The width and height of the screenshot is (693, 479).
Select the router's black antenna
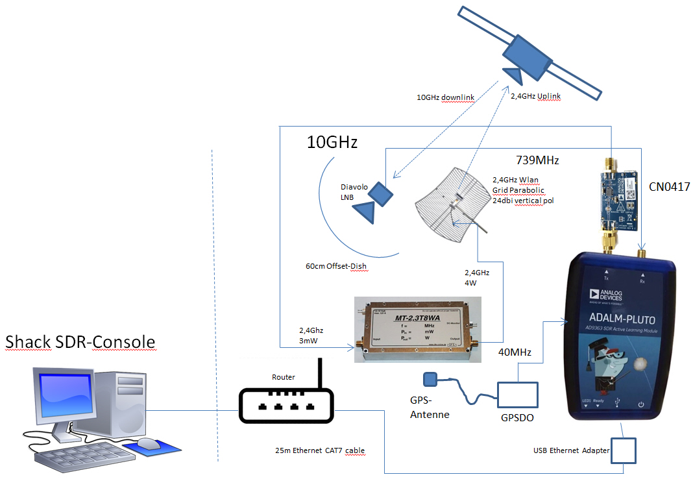pos(319,374)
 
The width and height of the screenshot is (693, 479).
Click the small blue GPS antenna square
pos(429,378)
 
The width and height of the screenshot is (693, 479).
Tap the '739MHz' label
pos(537,160)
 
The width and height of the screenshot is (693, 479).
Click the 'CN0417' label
pos(668,186)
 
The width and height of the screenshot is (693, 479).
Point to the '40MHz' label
pos(515,352)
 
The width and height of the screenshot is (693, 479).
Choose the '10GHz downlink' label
pos(445,97)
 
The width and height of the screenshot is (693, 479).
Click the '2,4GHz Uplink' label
pos(535,96)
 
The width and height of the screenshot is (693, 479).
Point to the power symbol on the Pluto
pos(640,404)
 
